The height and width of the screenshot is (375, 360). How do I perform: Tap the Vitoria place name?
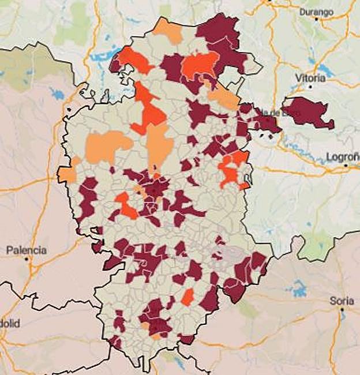pos(310,77)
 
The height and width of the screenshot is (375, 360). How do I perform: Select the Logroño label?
pos(342,156)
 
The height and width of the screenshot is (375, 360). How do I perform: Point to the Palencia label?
pos(26,250)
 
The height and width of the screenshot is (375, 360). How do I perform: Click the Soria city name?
pos(341,301)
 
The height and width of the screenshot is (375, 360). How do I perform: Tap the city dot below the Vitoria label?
pos(310,87)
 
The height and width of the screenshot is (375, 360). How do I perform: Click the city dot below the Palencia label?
pos(27,260)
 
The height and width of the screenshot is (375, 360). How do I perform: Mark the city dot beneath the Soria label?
pos(342,310)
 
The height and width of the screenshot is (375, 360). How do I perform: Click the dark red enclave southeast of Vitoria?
pos(308,112)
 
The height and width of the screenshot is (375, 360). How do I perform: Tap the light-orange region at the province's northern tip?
pos(168,31)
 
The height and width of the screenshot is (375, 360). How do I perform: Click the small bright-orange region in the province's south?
pos(187,297)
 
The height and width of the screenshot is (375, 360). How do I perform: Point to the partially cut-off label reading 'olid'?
pos(10,324)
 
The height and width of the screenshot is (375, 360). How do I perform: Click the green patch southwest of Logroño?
pos(316,246)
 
